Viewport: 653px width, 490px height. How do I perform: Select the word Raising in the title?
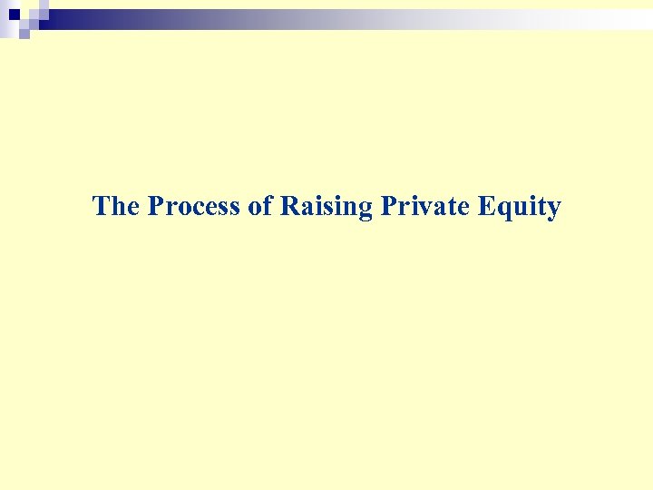(x=326, y=207)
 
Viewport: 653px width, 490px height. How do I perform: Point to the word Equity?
(x=519, y=208)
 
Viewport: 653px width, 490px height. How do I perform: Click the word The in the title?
(x=115, y=207)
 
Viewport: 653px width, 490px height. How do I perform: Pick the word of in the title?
(x=260, y=207)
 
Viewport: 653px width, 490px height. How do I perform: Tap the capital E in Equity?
(x=486, y=207)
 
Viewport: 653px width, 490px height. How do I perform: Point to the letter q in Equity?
(x=502, y=210)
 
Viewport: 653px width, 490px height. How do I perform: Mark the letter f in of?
(x=268, y=206)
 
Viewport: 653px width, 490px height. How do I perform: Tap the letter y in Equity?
(x=553, y=211)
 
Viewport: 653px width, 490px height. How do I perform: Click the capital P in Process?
(x=156, y=207)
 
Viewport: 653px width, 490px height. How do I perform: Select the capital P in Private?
(x=388, y=207)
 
